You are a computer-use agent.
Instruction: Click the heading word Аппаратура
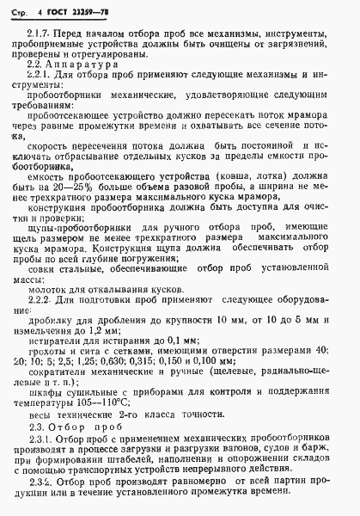[76, 88]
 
